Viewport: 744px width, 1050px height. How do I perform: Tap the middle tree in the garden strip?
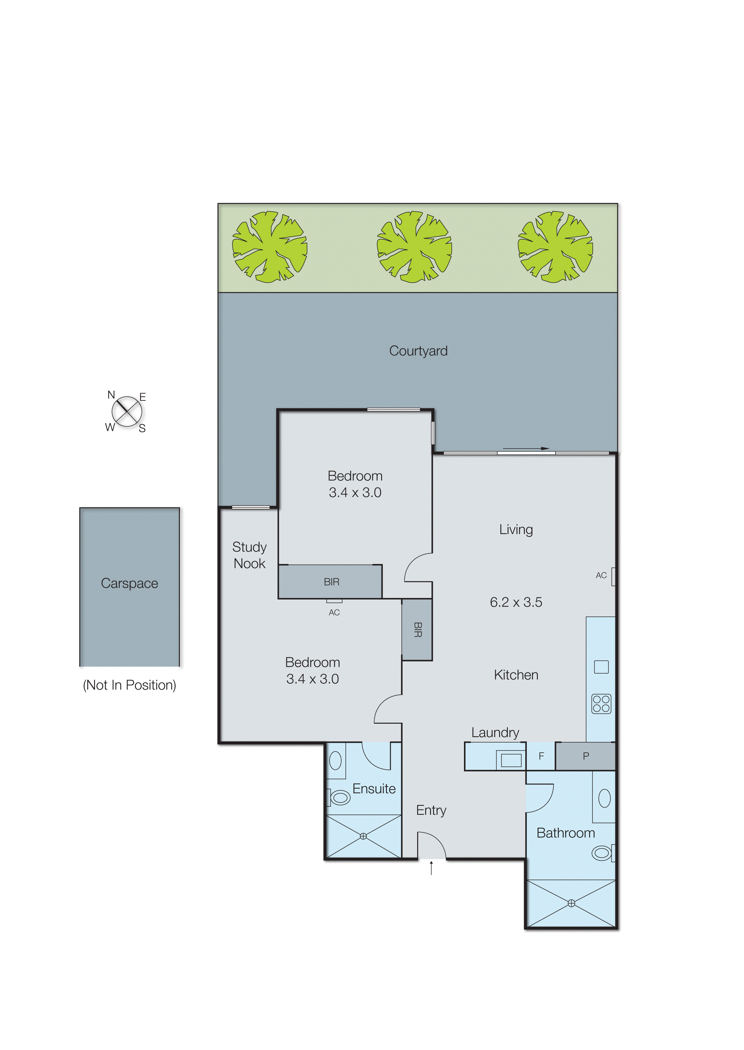click(x=414, y=247)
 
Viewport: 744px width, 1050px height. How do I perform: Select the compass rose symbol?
click(x=126, y=411)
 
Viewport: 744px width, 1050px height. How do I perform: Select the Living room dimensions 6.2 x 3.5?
click(x=516, y=602)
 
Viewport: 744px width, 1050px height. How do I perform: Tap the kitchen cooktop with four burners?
click(x=601, y=704)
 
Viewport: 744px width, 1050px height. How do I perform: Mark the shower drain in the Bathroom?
click(x=571, y=904)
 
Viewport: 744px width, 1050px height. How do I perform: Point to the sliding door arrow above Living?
click(x=526, y=448)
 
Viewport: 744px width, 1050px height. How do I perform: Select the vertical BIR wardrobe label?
click(x=417, y=630)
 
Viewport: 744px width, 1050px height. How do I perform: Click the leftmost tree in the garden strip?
click(x=270, y=247)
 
